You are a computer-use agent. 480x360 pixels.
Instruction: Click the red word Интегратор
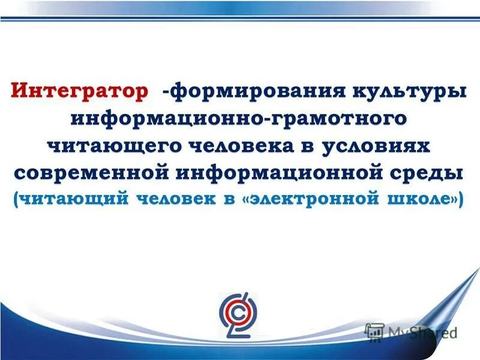tap(79, 93)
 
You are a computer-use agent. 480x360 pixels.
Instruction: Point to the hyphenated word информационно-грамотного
tap(239, 119)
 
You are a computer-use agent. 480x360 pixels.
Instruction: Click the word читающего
tap(115, 146)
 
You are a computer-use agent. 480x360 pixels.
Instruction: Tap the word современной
tap(90, 173)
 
